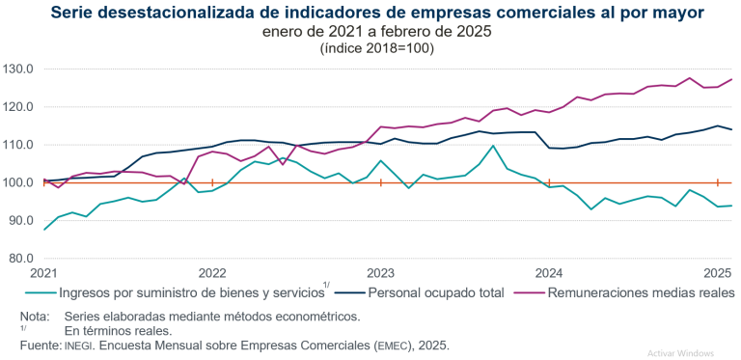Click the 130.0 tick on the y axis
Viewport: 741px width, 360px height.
[18, 69]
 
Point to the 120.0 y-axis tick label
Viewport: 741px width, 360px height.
[18, 107]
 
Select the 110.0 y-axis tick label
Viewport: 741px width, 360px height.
[18, 145]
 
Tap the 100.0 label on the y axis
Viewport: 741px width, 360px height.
[18, 182]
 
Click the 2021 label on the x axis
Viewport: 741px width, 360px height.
[43, 273]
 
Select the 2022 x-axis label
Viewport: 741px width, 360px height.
[211, 273]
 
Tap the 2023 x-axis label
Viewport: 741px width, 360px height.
[380, 273]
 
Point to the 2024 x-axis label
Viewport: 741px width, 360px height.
[549, 273]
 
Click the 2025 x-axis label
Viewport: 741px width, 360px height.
[717, 273]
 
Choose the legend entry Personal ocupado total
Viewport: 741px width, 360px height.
[437, 292]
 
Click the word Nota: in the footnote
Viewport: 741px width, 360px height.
[35, 316]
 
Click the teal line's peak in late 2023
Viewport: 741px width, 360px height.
[493, 146]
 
